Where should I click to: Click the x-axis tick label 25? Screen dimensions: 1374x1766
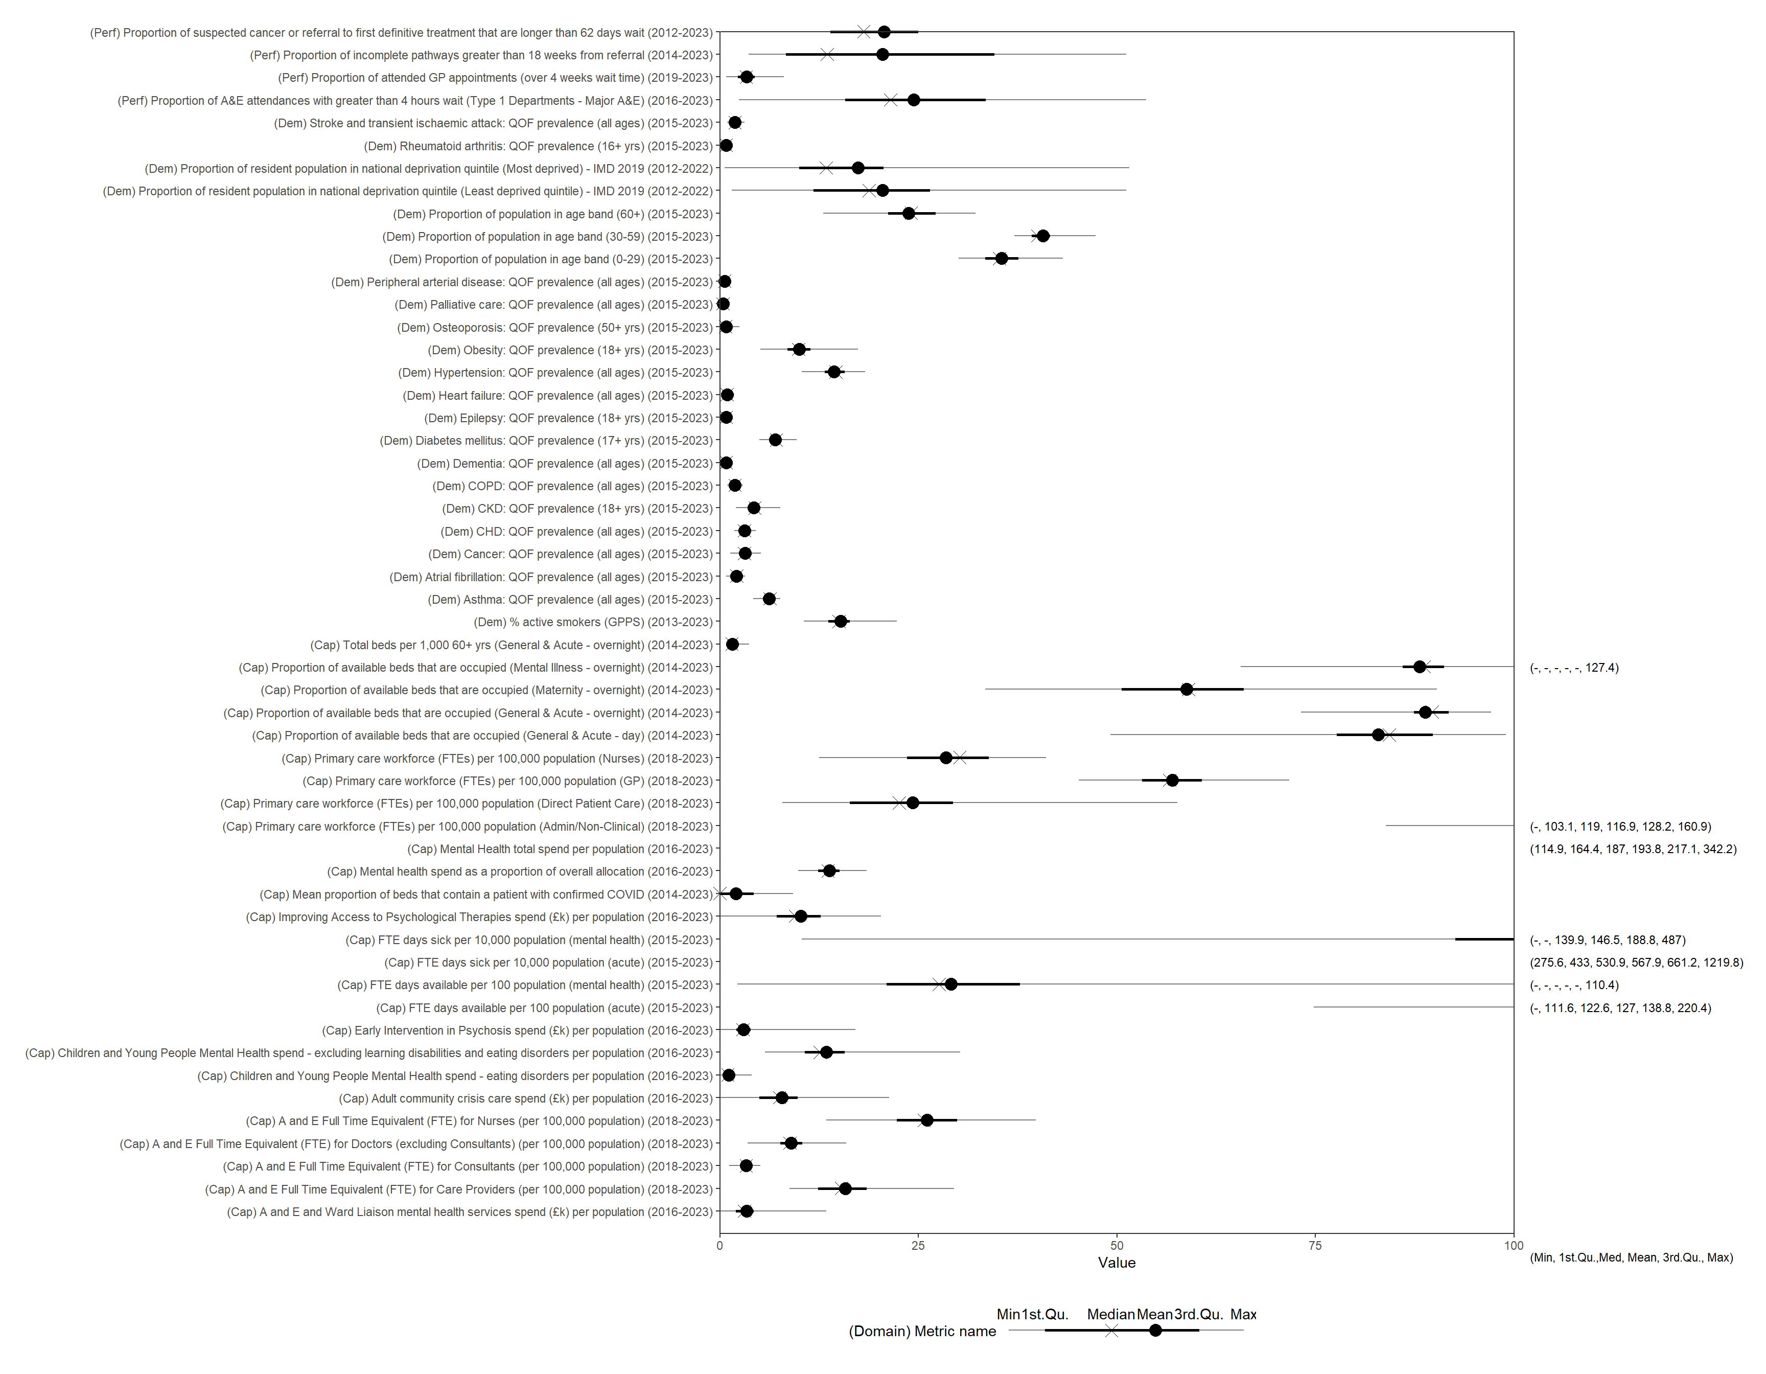tap(918, 1245)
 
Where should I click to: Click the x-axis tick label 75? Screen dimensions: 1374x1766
tap(1315, 1245)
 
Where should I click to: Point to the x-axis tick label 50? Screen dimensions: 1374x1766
tap(1117, 1245)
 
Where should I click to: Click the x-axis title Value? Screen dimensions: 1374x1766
tap(1116, 1263)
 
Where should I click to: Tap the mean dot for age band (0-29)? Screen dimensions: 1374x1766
tap(1002, 259)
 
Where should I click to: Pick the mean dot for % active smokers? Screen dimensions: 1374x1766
tap(840, 621)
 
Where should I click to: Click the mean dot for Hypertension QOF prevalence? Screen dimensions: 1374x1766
tap(833, 372)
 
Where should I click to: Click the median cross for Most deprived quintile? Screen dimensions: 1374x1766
tap(826, 168)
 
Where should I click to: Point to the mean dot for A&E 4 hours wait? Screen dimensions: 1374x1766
tap(914, 100)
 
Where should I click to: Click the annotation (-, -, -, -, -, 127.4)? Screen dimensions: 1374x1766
tap(1573, 668)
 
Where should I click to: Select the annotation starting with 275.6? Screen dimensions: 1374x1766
tap(1636, 963)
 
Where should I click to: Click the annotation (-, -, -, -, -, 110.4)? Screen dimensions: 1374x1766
tap(1573, 985)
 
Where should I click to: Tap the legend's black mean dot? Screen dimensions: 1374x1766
tap(1155, 1331)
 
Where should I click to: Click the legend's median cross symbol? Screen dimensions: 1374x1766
tap(1112, 1331)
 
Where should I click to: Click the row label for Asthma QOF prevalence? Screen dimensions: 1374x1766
tap(570, 599)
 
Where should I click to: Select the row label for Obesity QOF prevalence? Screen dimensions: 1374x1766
tap(570, 350)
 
